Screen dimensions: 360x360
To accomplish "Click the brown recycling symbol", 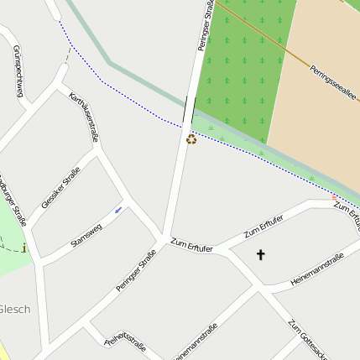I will point(191,139).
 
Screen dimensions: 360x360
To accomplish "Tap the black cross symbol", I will point(260,253).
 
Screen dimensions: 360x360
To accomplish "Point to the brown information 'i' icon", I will point(25,248).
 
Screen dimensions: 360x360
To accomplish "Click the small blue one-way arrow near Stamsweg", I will point(118,208).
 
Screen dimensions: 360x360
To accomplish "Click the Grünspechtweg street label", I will point(18,71).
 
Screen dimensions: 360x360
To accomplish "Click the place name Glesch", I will point(15,309).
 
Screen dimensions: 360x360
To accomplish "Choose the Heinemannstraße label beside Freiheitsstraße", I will point(198,343).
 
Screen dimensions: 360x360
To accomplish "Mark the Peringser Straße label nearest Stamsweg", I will point(137,271).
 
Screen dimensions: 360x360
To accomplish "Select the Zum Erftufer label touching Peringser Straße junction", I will point(191,246).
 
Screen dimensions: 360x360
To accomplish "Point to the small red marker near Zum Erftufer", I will point(336,197).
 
